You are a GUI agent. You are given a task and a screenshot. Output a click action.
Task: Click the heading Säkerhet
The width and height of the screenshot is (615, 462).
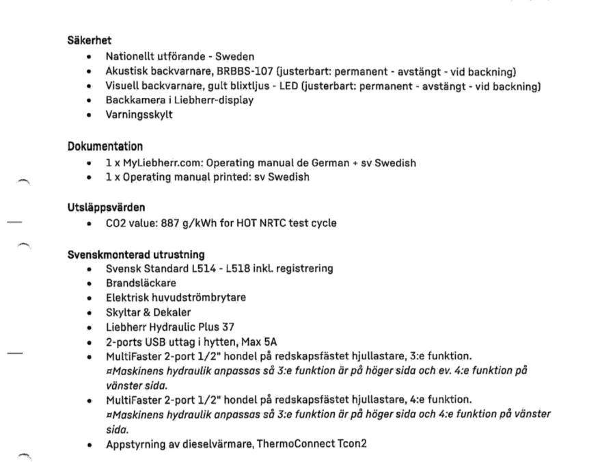[x=84, y=41]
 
